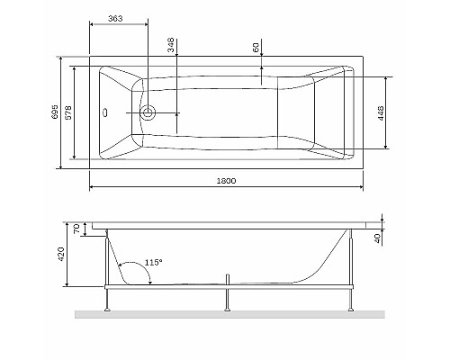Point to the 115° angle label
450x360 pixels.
pos(152,262)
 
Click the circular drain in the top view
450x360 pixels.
pos(148,113)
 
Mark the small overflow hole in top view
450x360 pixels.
pos(106,113)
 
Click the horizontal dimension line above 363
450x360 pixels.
pos(119,26)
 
